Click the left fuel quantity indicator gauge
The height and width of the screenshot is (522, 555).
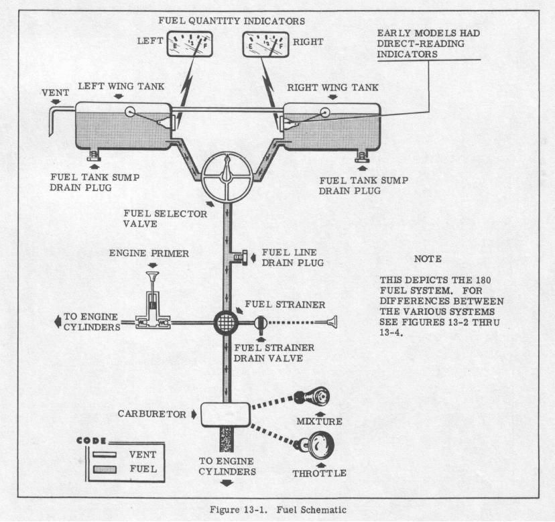point(190,44)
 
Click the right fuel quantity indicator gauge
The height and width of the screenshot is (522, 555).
point(265,44)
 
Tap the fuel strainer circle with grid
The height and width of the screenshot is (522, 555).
point(226,322)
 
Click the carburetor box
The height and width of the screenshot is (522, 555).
point(226,414)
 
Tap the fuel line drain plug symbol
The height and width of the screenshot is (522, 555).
point(243,257)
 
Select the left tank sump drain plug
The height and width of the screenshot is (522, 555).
point(94,155)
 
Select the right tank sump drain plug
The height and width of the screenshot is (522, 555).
point(363,156)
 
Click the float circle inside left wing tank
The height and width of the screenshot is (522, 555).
point(130,112)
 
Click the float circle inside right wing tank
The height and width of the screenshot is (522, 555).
point(324,113)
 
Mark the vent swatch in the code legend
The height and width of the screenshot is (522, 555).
point(105,454)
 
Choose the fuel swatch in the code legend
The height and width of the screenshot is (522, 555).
point(105,469)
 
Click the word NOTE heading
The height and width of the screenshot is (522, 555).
point(428,259)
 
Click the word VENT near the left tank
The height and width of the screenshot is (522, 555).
point(56,92)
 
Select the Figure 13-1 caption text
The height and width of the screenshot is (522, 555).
point(278,510)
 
